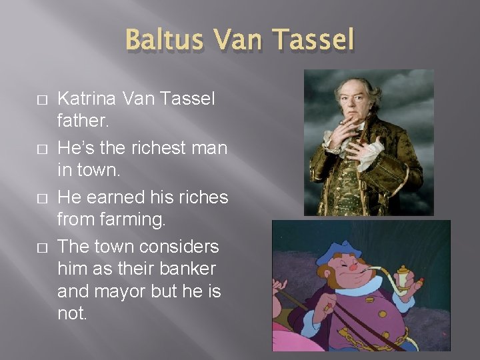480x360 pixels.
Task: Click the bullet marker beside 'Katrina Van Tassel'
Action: click(x=41, y=100)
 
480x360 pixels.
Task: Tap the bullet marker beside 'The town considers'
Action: click(x=41, y=248)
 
